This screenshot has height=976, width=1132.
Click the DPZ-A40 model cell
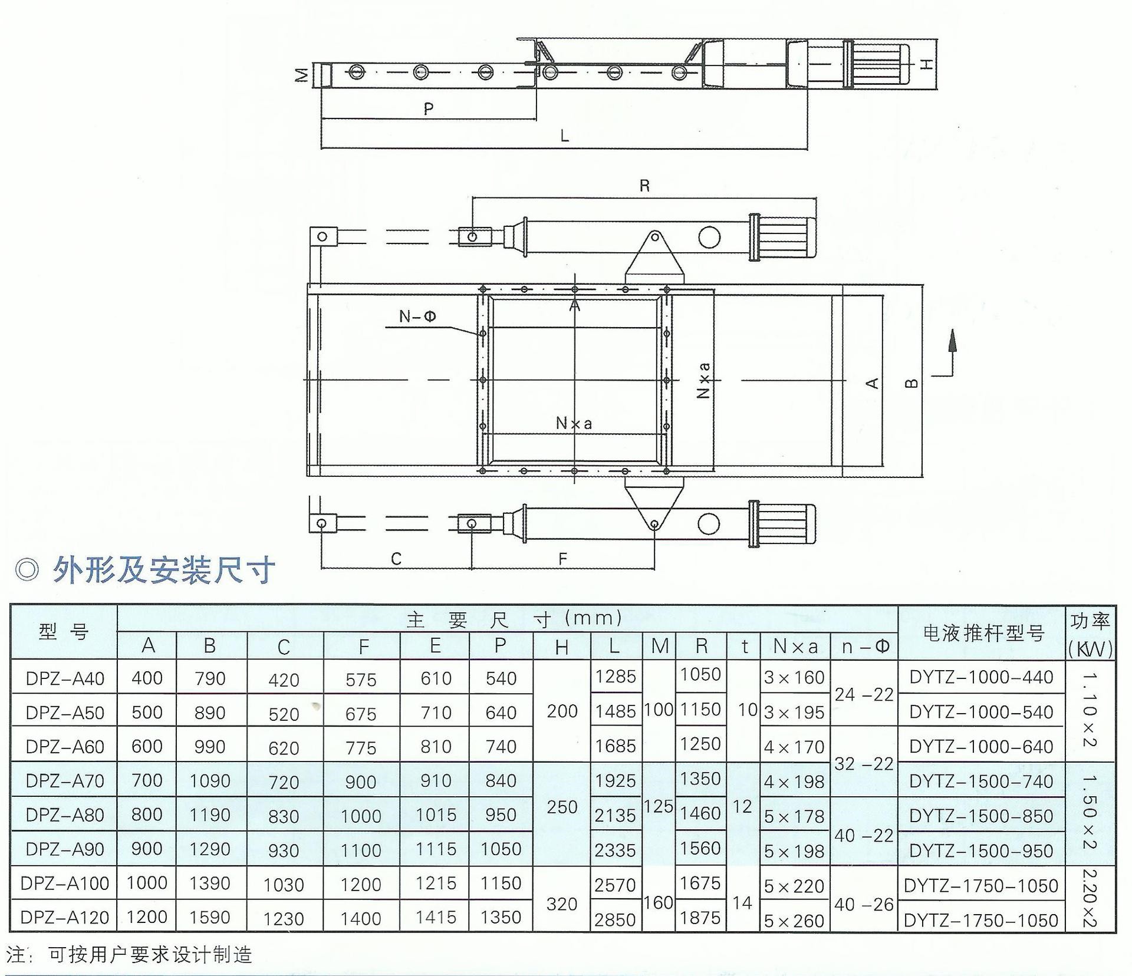coord(65,678)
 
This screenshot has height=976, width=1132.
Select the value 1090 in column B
coord(210,781)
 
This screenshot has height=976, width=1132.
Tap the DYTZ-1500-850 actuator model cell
coord(981,816)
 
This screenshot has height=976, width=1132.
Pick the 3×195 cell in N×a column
coord(794,713)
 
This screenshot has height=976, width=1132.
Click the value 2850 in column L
coord(615,919)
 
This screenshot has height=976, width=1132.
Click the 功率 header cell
coord(1090,621)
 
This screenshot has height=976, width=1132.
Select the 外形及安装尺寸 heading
coord(164,570)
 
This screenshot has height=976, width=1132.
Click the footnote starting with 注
coord(129,954)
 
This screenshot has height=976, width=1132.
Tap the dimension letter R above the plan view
coord(644,186)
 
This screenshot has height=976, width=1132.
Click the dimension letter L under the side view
coord(564,137)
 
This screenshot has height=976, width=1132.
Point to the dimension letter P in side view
coord(429,108)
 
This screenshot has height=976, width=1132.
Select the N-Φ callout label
coord(417,316)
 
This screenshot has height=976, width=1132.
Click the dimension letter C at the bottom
coord(396,559)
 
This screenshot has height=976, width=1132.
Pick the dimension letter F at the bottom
coord(562,559)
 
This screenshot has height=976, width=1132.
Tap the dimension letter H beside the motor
coord(927,64)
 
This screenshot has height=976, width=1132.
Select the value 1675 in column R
coord(700,883)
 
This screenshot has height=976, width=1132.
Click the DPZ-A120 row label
coord(64,917)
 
